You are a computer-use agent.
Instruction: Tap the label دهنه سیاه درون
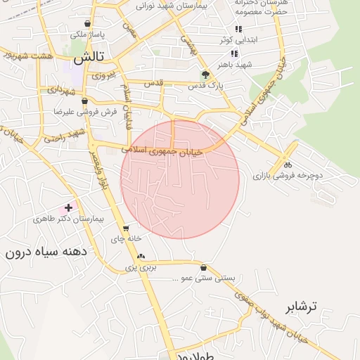tap(44, 251)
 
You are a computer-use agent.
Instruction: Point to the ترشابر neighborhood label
tap(302, 307)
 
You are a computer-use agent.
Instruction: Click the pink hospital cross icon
tap(68, 207)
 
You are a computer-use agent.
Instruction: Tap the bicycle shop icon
tap(288, 164)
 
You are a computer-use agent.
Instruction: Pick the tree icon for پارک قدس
tap(205, 74)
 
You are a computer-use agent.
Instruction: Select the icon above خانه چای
tap(126, 228)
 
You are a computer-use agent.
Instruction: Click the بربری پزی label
tap(141, 267)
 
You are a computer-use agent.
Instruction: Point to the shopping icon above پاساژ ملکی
tap(86, 23)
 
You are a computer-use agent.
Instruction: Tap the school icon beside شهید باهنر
tap(233, 53)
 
